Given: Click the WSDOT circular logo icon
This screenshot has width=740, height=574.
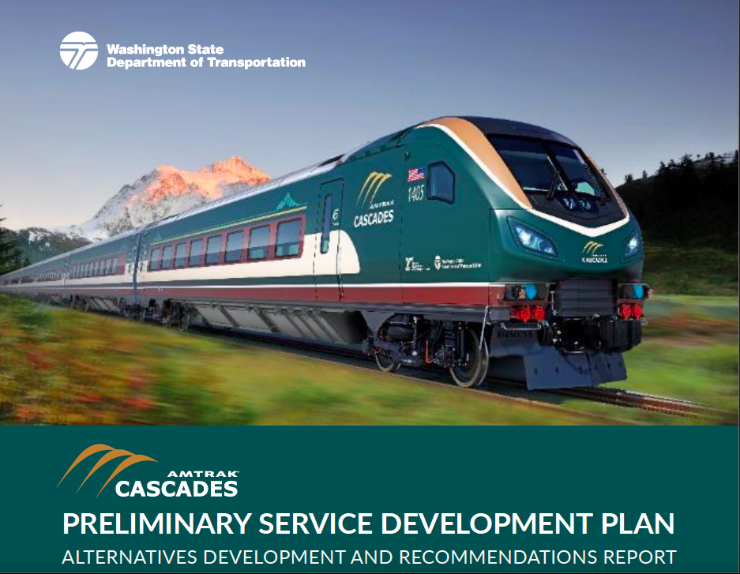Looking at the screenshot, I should click(x=78, y=51).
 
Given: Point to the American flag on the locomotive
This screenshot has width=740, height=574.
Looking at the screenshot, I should click(x=415, y=174).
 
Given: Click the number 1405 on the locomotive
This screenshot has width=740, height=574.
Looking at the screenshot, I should click(x=416, y=192).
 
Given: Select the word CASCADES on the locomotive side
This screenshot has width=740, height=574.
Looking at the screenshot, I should click(x=374, y=218).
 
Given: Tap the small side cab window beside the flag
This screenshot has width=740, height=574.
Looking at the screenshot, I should click(x=441, y=182).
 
